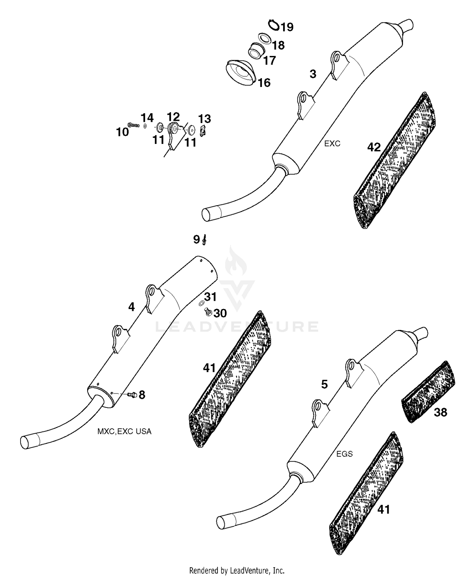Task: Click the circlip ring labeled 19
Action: click(274, 25)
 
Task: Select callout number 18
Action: click(278, 46)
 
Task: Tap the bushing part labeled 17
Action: click(257, 51)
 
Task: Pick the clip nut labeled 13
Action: click(203, 130)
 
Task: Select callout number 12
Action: click(173, 117)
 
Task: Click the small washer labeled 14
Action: click(145, 126)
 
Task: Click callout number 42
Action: click(374, 147)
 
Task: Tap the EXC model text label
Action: click(332, 144)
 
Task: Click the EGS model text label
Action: click(344, 454)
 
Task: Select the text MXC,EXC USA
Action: click(124, 431)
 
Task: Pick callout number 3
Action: click(313, 74)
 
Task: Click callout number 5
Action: click(324, 384)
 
